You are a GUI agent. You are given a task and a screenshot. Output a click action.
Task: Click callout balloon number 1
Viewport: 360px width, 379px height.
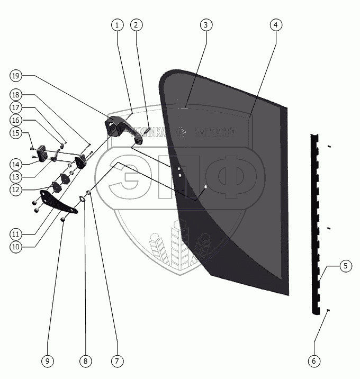(117, 24)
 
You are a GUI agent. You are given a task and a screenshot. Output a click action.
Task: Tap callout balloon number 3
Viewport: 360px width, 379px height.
(206, 24)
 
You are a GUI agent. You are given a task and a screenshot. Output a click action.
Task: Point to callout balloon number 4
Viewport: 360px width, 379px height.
(275, 24)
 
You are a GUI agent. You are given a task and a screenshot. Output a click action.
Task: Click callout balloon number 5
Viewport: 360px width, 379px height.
(345, 266)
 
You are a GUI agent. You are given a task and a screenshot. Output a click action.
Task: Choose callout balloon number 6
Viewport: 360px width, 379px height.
(313, 361)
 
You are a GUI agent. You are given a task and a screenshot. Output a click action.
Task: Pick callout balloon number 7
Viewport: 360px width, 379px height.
(117, 361)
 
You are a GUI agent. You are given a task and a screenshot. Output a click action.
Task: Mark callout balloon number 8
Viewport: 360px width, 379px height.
(85, 361)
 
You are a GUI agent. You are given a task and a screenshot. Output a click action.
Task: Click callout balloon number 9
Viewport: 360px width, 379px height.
(47, 361)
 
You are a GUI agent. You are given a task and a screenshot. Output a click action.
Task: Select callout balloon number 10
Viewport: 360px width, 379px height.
(15, 246)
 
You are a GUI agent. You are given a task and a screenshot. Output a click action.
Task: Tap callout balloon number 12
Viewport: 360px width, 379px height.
(15, 188)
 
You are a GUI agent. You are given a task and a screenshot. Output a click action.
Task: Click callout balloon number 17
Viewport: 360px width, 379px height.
(15, 107)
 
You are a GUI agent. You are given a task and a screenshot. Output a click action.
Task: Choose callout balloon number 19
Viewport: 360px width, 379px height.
(15, 76)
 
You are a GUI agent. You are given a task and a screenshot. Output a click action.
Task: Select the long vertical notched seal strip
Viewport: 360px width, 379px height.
(317, 222)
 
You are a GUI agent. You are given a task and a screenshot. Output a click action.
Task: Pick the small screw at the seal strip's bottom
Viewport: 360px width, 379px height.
(329, 311)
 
